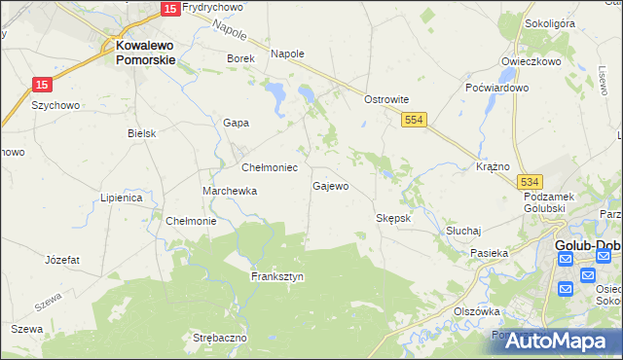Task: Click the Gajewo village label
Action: click(330, 185)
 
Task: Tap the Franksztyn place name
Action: click(277, 276)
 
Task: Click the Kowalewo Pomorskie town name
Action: click(145, 52)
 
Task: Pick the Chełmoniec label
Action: click(269, 167)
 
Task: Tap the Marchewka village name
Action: click(230, 191)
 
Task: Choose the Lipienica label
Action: click(122, 198)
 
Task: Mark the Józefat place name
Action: click(62, 260)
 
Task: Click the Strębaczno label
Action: click(220, 338)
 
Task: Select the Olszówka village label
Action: click(477, 311)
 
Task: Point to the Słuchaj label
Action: click(464, 231)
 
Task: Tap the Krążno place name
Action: click(494, 166)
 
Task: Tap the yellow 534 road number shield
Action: click(530, 182)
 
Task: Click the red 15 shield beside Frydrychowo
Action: click(169, 8)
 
